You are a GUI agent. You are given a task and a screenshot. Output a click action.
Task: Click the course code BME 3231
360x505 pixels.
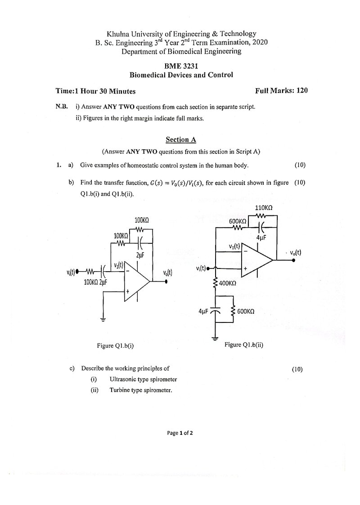181,66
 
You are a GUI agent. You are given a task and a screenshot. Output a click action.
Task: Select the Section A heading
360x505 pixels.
181,139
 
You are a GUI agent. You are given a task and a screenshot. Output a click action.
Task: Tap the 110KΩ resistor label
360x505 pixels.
264,208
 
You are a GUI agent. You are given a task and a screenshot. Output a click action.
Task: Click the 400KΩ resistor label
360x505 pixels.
227,283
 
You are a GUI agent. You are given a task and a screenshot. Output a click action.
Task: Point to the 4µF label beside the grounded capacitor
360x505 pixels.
203,312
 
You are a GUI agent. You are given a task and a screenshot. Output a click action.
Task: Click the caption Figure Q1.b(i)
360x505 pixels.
115,345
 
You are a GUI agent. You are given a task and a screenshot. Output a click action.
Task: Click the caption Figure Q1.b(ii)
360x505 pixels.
244,344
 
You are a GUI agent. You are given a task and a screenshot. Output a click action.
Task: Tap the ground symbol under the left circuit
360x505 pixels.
103,320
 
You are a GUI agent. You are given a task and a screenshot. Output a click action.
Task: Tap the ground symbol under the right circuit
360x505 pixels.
215,338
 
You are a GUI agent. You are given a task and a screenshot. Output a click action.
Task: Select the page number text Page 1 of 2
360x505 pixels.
180,433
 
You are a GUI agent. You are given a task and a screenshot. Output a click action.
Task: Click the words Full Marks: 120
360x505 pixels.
281,90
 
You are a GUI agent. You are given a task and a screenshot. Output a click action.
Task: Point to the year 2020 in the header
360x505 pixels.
260,42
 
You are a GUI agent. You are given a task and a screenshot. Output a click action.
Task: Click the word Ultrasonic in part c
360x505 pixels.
122,379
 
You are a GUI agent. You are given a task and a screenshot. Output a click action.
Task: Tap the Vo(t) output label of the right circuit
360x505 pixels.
295,253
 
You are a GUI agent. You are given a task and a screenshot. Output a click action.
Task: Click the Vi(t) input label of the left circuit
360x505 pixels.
71,273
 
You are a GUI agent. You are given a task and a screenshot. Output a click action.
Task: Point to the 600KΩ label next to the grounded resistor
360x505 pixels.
246,312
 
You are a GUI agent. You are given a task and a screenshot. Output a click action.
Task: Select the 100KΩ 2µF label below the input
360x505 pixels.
95,282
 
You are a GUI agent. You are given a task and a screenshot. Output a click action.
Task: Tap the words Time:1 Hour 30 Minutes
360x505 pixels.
95,91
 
